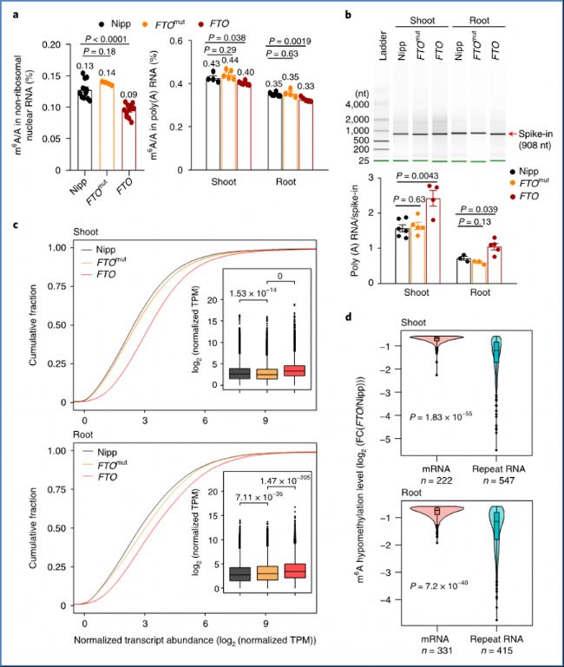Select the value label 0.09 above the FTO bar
(132, 94)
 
